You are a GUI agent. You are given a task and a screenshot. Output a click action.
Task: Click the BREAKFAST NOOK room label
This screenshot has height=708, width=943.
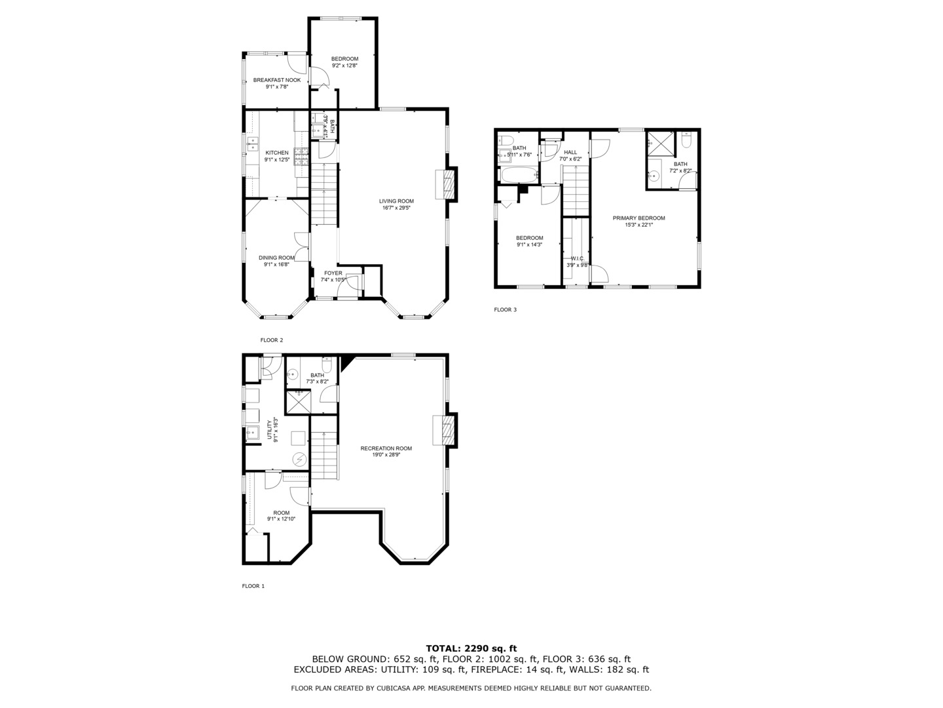pyautogui.click(x=277, y=80)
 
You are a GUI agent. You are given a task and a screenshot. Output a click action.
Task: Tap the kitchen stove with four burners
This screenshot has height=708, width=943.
pyautogui.click(x=301, y=156)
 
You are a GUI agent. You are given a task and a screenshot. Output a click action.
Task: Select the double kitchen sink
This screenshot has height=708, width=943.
pyautogui.click(x=252, y=144)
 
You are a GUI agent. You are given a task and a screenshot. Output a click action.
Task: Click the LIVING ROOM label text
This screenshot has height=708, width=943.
pyautogui.click(x=396, y=201)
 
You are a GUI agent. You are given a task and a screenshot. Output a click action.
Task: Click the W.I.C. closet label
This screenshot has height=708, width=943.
pyautogui.click(x=577, y=258)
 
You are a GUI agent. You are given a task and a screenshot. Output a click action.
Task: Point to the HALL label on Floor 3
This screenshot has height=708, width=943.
pyautogui.click(x=570, y=152)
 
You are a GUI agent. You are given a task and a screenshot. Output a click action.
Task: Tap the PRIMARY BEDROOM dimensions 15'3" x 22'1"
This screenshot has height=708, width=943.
pyautogui.click(x=638, y=225)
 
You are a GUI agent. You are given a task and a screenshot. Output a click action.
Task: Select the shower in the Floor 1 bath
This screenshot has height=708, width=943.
pyautogui.click(x=298, y=402)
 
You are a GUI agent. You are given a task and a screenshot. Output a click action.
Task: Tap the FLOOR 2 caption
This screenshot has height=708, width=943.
pyautogui.click(x=272, y=340)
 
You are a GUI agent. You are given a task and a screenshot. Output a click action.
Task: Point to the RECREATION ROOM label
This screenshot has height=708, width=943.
pyautogui.click(x=386, y=448)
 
